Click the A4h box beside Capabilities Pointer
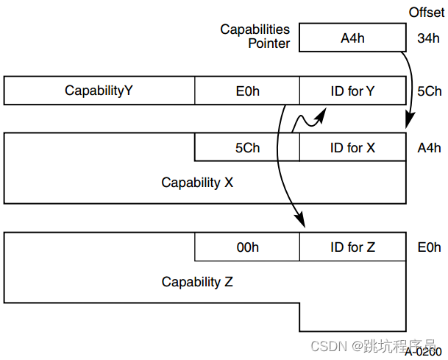click(x=352, y=38)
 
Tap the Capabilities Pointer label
click(x=255, y=37)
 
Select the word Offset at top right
click(x=427, y=13)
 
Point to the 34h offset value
click(x=428, y=38)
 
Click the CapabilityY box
click(x=99, y=91)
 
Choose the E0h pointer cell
click(x=247, y=91)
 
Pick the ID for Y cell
click(x=352, y=91)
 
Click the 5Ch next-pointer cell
click(x=247, y=147)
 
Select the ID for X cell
click(x=352, y=147)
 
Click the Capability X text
click(x=197, y=182)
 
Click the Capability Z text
click(x=197, y=282)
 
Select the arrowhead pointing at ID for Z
click(x=299, y=221)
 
